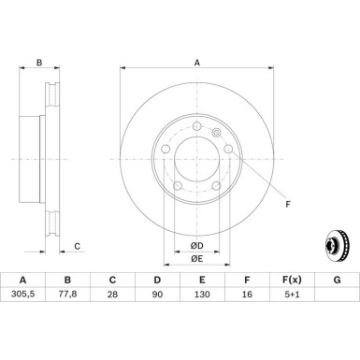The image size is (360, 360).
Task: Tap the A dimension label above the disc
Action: pyautogui.click(x=196, y=63)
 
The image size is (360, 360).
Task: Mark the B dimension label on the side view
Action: pyautogui.click(x=38, y=63)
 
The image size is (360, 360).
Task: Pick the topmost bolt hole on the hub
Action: pyautogui.click(x=197, y=128)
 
